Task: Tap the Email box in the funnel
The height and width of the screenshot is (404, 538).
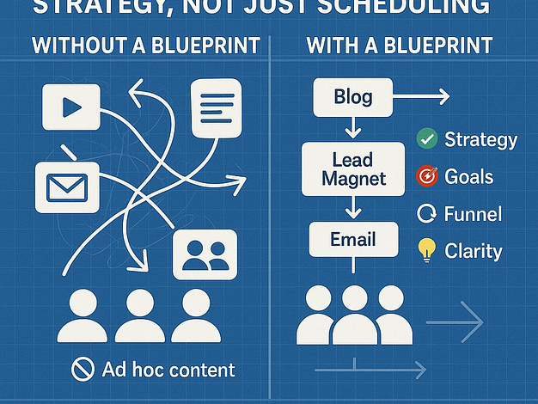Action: [353, 240]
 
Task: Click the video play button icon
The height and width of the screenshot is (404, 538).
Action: [72, 107]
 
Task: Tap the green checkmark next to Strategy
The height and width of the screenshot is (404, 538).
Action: [426, 138]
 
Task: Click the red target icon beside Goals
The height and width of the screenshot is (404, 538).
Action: [426, 177]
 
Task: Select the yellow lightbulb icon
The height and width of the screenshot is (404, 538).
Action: [426, 250]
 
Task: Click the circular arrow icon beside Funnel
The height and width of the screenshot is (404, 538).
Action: [426, 214]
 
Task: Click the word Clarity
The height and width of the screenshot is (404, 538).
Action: [473, 251]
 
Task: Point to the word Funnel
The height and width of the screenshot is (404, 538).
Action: [473, 214]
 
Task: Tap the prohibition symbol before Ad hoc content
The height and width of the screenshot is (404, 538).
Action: [82, 370]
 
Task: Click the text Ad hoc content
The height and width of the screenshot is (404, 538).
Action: [168, 370]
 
